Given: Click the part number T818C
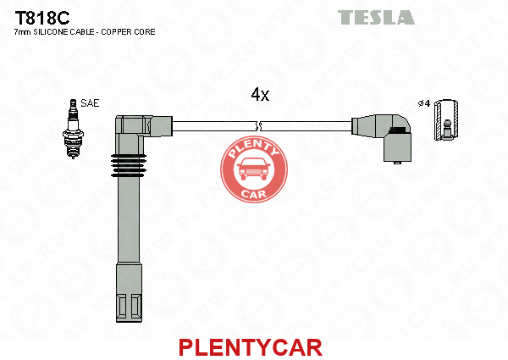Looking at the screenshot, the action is [x=42, y=18].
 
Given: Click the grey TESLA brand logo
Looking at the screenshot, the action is [x=376, y=17].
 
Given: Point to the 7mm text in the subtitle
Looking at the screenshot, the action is [x=23, y=31].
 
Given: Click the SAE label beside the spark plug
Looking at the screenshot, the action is [x=90, y=103].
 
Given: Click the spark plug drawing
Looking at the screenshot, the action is [x=73, y=129].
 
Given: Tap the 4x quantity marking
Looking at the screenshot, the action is [x=260, y=94].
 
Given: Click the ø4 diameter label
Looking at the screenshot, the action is [x=424, y=103].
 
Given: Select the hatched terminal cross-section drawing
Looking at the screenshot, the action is [x=446, y=120].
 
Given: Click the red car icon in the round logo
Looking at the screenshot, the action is [x=254, y=169].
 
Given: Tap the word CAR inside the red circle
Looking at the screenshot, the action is [x=254, y=194].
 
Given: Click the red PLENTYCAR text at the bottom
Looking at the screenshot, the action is [x=251, y=347].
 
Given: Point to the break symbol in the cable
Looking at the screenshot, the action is [x=258, y=126].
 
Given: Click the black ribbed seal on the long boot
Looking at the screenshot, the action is [x=129, y=165].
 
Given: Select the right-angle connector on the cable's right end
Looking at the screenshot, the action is [x=383, y=137].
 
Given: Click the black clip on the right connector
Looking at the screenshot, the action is [x=398, y=130].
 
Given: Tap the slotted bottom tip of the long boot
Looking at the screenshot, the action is [x=129, y=307].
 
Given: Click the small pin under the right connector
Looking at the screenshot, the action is [x=396, y=163].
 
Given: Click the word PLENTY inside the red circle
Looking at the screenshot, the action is [x=253, y=148].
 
